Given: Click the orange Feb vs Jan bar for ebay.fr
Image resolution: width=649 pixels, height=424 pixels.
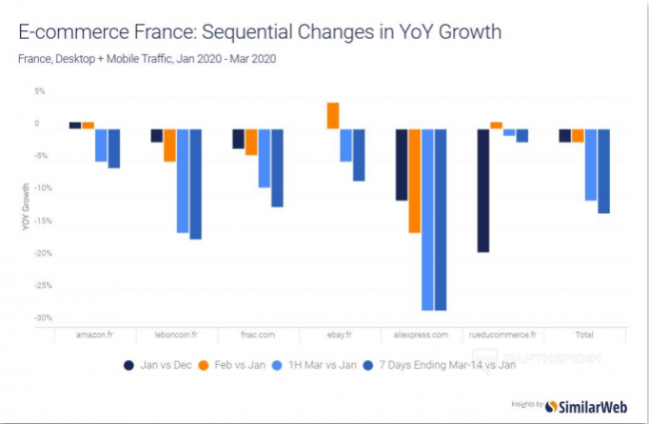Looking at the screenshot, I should click(332, 116).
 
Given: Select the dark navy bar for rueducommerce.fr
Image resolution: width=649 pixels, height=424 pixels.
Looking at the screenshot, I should click(482, 191).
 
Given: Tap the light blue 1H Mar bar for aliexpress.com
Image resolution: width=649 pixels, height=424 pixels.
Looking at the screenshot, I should click(427, 219).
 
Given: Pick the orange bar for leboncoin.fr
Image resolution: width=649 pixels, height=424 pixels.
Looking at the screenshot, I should click(170, 146).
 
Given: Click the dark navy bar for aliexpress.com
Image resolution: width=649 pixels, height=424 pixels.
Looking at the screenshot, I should click(401, 165).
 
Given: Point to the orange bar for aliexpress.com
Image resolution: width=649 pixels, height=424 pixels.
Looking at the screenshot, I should click(414, 181).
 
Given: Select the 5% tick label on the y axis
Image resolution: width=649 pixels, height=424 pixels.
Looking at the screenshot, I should click(40, 91).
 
